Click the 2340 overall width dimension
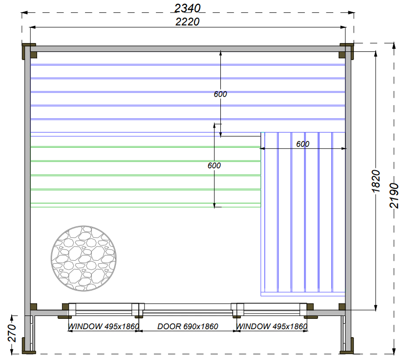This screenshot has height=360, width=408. (x=187, y=8)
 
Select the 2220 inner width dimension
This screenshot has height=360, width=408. (x=187, y=22)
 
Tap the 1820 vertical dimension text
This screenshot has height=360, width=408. (x=376, y=181)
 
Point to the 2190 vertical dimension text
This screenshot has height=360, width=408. (x=394, y=196)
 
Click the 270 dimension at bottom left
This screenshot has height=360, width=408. (x=12, y=333)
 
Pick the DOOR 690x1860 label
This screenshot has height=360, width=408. (x=188, y=326)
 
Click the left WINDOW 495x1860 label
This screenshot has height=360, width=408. (x=103, y=326)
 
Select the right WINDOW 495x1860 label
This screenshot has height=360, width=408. (x=272, y=326)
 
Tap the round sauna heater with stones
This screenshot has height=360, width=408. (x=84, y=258)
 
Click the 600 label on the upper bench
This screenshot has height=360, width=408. (x=220, y=94)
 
